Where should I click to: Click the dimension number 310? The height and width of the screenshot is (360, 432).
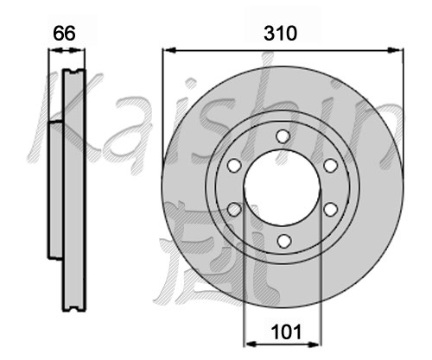(x=280, y=34)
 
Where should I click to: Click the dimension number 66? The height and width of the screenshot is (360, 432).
(x=64, y=33)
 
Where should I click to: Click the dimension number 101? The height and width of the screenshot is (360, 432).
(x=286, y=332)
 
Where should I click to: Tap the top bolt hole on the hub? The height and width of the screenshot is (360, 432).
(x=283, y=136)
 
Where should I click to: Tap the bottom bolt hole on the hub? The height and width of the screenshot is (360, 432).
(x=283, y=241)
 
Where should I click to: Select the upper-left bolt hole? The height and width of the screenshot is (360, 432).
(x=234, y=166)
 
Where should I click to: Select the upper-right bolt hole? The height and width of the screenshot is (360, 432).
(x=330, y=166)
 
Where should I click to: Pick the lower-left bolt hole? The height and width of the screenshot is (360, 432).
(x=234, y=209)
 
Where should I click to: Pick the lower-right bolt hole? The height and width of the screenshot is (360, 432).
(x=330, y=209)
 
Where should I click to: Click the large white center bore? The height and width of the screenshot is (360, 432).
(x=283, y=187)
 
